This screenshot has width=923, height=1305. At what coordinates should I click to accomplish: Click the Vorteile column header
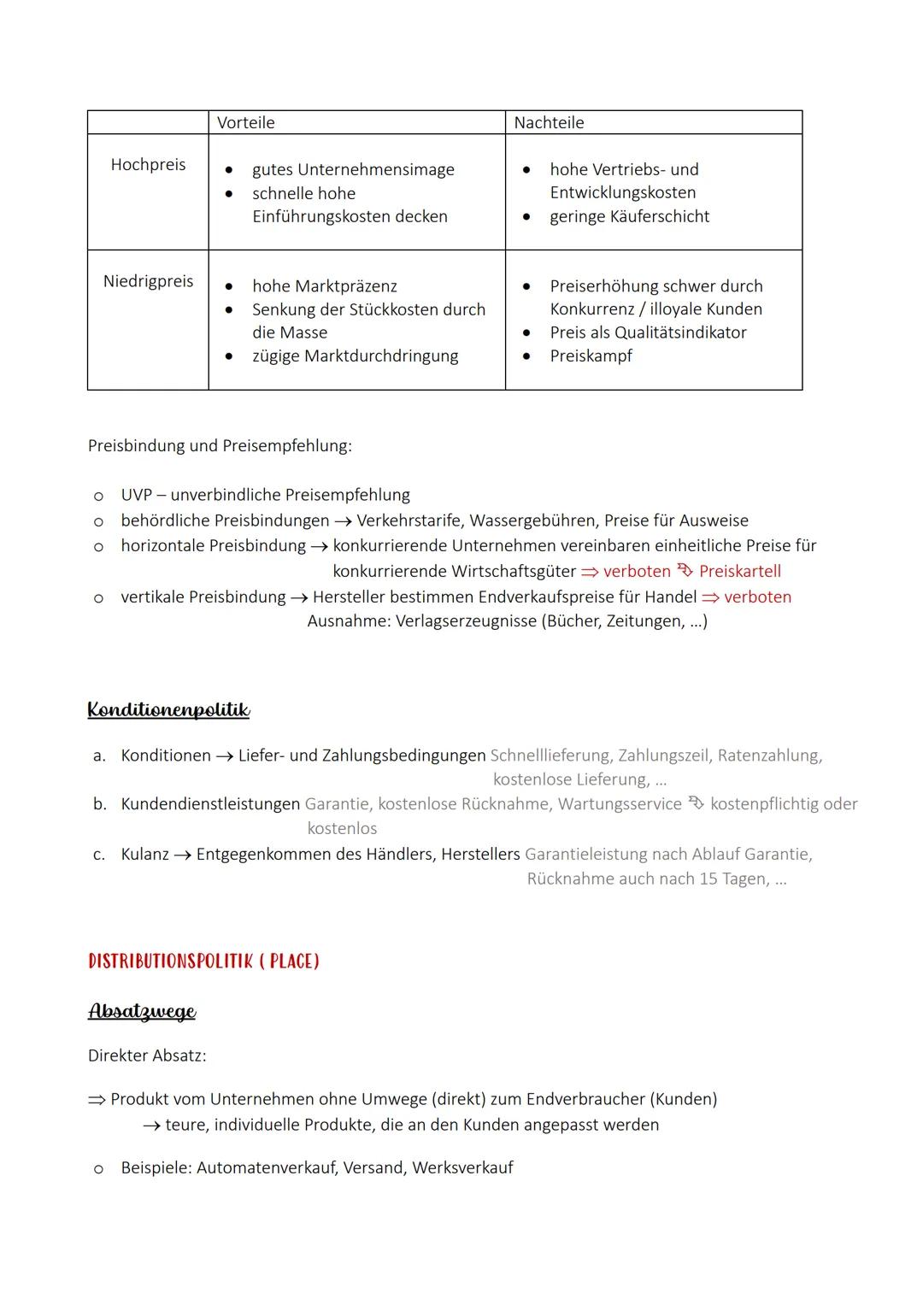(246, 123)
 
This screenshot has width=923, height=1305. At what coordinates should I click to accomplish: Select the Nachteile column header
(549, 123)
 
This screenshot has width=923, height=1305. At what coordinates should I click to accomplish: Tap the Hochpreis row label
(148, 165)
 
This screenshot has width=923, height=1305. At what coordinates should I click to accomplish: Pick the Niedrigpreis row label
(148, 281)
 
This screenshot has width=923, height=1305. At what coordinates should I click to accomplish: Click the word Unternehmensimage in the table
(375, 170)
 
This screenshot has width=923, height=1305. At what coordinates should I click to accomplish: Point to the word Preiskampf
(591, 356)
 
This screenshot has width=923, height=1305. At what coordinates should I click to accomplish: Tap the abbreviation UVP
(135, 496)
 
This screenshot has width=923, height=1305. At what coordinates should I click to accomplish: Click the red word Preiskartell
(740, 572)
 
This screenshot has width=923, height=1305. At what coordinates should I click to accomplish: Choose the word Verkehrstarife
(409, 520)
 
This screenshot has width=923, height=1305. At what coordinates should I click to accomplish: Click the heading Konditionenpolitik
(168, 710)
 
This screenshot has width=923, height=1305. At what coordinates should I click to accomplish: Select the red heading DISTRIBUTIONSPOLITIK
(169, 961)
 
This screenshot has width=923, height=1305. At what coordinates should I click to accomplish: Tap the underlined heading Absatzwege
(142, 1012)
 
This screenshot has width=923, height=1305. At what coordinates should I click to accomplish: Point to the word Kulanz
(144, 855)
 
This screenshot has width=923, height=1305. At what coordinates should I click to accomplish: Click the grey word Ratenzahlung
(768, 755)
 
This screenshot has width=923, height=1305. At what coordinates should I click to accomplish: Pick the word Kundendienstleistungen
(210, 804)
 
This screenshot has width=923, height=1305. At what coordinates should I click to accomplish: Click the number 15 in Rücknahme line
(708, 879)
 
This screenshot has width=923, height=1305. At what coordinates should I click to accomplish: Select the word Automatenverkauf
(267, 1168)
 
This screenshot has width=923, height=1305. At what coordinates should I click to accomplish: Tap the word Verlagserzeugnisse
(465, 621)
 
